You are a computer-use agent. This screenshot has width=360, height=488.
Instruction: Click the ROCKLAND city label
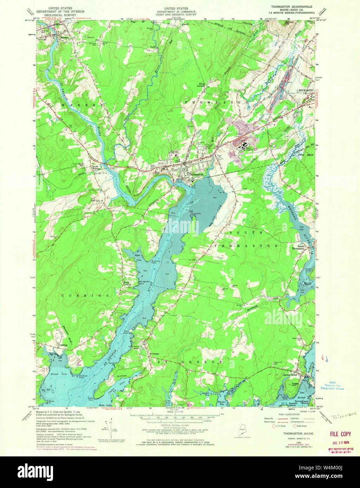305,90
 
